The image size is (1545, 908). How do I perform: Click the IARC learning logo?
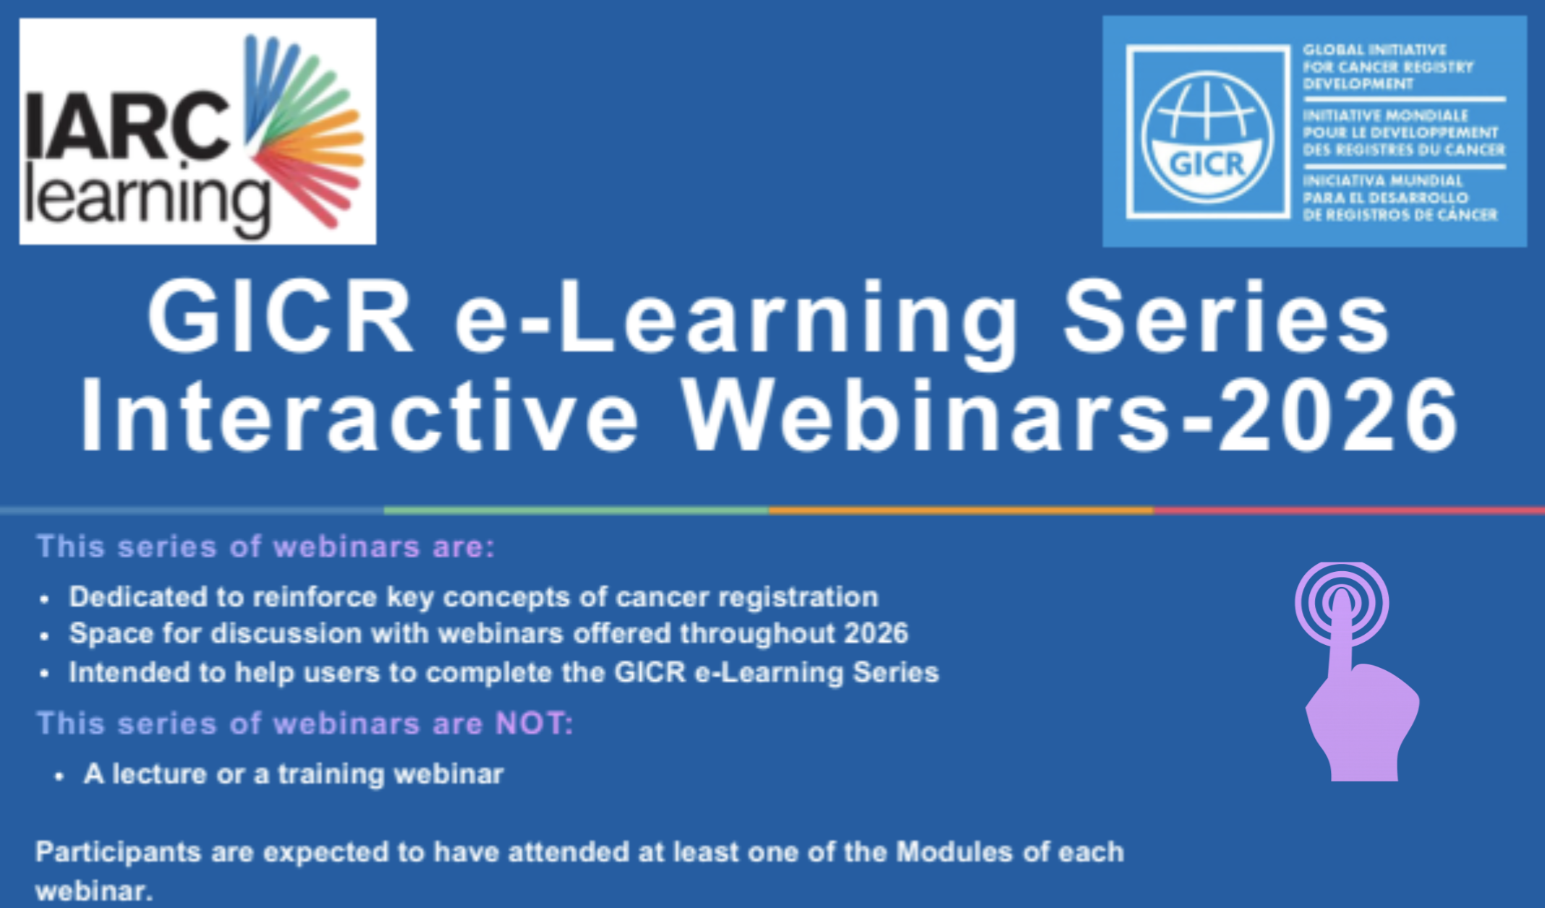(197, 132)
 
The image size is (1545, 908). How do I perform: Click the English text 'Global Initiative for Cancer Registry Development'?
(1388, 67)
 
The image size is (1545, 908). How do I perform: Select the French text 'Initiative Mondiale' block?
(1404, 133)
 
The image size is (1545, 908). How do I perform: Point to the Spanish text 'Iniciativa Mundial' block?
(1400, 198)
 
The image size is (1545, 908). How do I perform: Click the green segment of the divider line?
(576, 510)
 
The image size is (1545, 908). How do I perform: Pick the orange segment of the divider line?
(961, 510)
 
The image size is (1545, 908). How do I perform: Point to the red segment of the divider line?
(1349, 510)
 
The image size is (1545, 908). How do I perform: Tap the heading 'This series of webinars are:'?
(265, 547)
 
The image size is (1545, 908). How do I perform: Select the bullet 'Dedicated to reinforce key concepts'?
(474, 597)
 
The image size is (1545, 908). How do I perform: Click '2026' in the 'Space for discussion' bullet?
(876, 633)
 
